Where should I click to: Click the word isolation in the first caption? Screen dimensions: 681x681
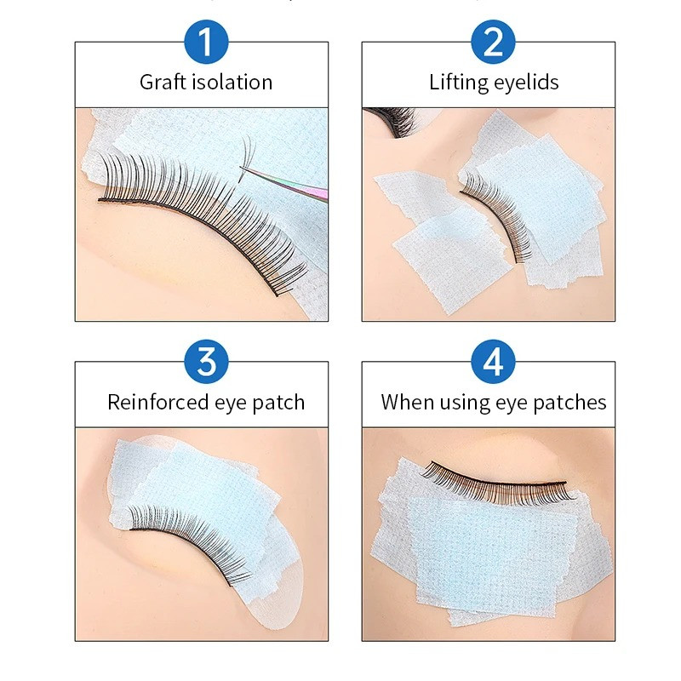click(231, 83)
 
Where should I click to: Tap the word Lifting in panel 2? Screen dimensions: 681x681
click(458, 83)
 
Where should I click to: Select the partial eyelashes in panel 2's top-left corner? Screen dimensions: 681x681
click(387, 118)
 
